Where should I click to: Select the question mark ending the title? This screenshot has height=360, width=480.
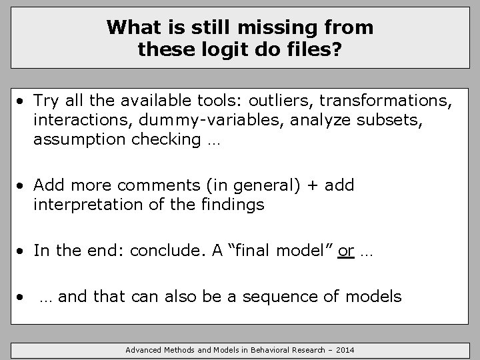pyautogui.click(x=338, y=49)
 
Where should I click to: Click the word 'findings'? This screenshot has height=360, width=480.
pyautogui.click(x=234, y=204)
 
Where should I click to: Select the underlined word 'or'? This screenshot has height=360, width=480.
pyautogui.click(x=346, y=251)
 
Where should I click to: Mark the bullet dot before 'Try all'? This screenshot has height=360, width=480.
pyautogui.click(x=22, y=102)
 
